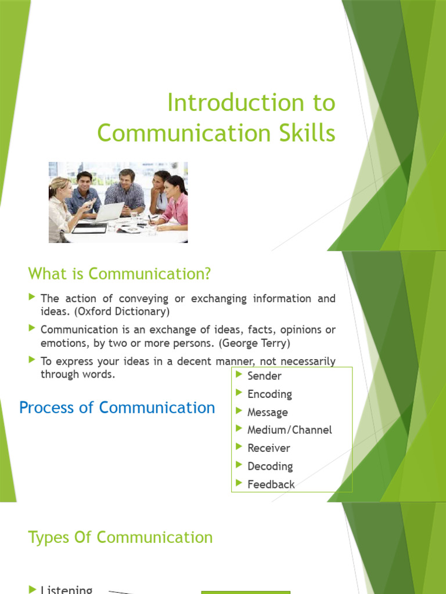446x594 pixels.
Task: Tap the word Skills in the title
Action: (x=306, y=133)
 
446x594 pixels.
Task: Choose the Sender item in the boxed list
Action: (x=264, y=376)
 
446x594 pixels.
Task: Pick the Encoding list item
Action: (x=269, y=394)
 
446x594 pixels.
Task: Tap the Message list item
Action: (x=267, y=412)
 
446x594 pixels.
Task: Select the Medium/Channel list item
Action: (x=289, y=430)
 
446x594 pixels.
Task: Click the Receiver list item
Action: (x=268, y=448)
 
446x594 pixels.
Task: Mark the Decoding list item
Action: (x=270, y=466)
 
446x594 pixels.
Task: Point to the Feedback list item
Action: (x=271, y=484)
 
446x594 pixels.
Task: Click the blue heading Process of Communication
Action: (x=117, y=407)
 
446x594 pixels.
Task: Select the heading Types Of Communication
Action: (x=120, y=537)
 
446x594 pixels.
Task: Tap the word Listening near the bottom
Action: (x=66, y=589)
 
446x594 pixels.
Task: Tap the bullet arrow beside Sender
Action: (x=239, y=375)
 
